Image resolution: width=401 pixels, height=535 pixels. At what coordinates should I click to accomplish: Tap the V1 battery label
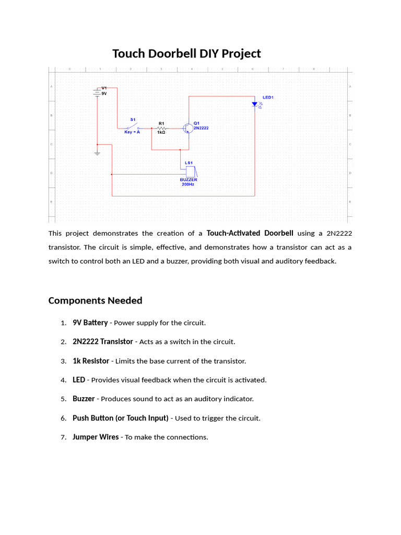pos(104,88)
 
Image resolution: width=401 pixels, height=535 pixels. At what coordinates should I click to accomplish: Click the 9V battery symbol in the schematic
pos(97,92)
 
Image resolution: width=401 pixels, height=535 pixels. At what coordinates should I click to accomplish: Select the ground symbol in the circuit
pos(97,153)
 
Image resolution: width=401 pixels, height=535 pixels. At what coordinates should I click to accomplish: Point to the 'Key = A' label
pos(132,133)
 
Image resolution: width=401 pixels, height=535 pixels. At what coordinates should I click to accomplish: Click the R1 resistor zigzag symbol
pos(161,127)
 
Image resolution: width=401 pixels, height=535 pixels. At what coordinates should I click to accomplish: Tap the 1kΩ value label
pos(161,133)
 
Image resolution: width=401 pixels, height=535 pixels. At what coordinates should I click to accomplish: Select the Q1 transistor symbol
pos(187,128)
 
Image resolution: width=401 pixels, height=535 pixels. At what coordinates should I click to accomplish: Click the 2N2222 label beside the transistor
pos(201,128)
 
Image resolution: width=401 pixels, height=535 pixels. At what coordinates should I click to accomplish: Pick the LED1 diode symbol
pos(255,104)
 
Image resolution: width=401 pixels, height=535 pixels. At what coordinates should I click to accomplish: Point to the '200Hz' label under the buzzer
pos(188,184)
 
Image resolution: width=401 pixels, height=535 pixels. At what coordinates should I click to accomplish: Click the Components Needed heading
pos(95,300)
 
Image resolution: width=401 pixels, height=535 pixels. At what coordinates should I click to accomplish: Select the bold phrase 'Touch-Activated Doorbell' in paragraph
pos(250,233)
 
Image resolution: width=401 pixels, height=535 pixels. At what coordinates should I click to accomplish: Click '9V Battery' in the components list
pos(90,323)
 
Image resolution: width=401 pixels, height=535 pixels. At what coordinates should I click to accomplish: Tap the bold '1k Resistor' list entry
pos(91,361)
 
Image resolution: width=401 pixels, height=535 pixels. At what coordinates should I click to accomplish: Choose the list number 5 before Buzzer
pos(63,399)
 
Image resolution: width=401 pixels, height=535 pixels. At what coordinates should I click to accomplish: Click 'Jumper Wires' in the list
pos(96,437)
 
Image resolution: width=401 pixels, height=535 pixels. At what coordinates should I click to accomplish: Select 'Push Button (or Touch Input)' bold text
pos(121,418)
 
